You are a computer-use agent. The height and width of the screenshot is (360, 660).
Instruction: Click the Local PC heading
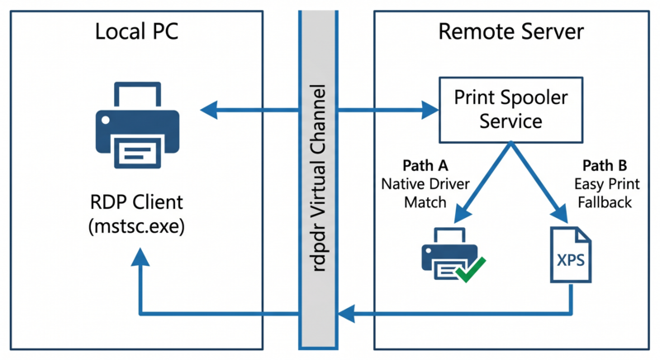(x=137, y=32)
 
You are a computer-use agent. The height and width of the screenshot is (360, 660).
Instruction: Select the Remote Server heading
(x=510, y=32)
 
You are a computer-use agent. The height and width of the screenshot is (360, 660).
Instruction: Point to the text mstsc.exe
(x=137, y=225)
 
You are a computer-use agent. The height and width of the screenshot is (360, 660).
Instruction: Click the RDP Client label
(x=137, y=202)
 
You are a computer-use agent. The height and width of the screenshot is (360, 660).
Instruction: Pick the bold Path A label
(x=426, y=164)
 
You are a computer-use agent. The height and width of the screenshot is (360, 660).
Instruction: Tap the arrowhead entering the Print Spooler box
(x=430, y=108)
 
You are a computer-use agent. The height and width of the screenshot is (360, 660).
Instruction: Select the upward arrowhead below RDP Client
(x=140, y=258)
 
